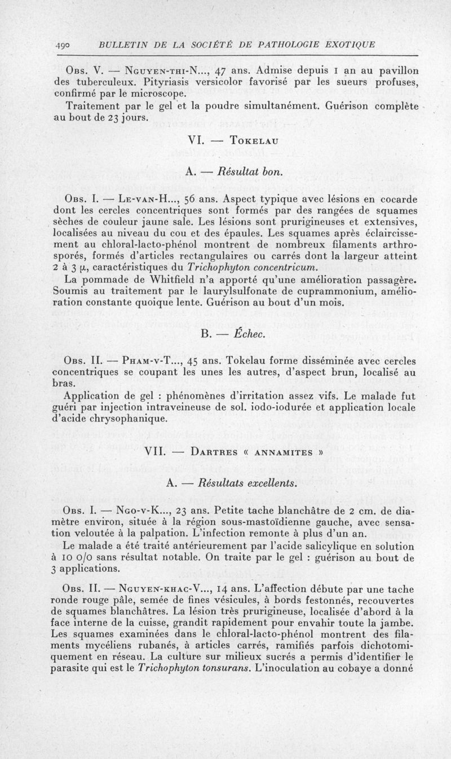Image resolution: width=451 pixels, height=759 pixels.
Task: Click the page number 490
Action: (63, 45)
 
